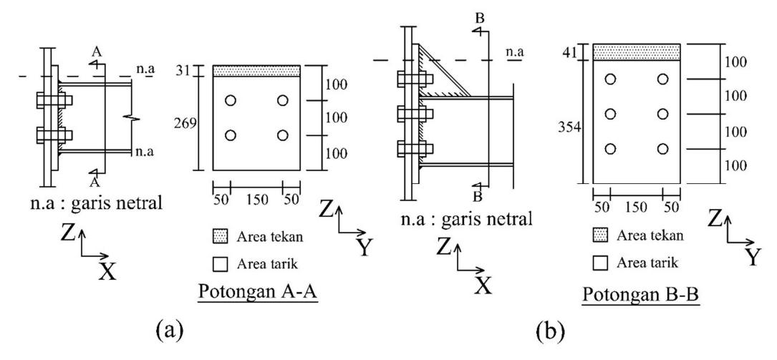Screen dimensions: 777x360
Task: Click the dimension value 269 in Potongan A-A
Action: coord(185,123)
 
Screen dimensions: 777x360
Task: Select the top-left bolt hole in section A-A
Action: coord(230,100)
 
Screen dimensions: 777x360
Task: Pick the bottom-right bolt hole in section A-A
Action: coord(282,135)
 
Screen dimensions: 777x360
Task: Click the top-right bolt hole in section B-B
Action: coord(662,79)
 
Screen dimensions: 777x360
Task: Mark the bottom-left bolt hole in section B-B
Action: coord(610,149)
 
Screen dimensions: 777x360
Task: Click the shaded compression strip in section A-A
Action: coord(256,71)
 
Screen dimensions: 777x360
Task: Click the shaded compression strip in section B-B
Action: coord(637,52)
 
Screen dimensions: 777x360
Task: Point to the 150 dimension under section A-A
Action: coord(257,200)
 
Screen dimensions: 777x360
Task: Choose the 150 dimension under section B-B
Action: coord(636,207)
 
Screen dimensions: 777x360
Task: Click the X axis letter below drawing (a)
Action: coord(107,271)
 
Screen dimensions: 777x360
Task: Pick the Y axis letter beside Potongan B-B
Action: coord(752,258)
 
